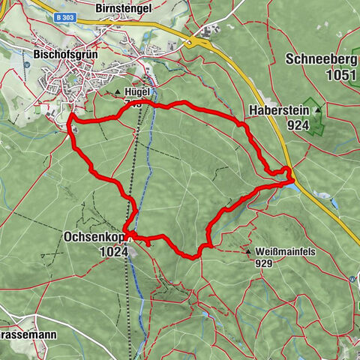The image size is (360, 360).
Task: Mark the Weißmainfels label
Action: tap(283, 253)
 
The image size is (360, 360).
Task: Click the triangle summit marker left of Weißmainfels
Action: tap(248, 253)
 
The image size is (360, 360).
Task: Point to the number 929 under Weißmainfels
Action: tap(262, 263)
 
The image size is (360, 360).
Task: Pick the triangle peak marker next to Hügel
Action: tap(118, 94)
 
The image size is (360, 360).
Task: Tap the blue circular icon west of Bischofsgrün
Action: tap(27, 64)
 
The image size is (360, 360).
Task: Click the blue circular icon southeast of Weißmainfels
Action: tap(352, 278)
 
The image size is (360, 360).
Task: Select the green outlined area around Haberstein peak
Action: tap(314, 120)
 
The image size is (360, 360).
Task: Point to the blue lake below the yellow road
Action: tap(322, 199)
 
